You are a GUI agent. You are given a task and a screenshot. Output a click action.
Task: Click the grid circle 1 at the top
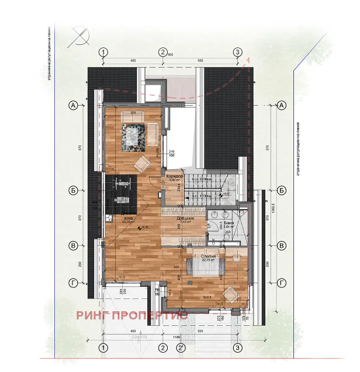click(103, 53)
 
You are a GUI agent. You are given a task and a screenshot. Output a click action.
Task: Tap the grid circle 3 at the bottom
click(237, 348)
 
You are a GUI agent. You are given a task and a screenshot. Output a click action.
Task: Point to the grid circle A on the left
click(74, 105)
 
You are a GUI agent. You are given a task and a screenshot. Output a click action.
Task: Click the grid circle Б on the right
click(281, 190)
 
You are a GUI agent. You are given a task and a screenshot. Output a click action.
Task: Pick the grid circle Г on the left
click(74, 283)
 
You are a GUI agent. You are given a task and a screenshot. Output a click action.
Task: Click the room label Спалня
click(208, 256)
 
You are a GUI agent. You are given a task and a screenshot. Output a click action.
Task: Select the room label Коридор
click(175, 176)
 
